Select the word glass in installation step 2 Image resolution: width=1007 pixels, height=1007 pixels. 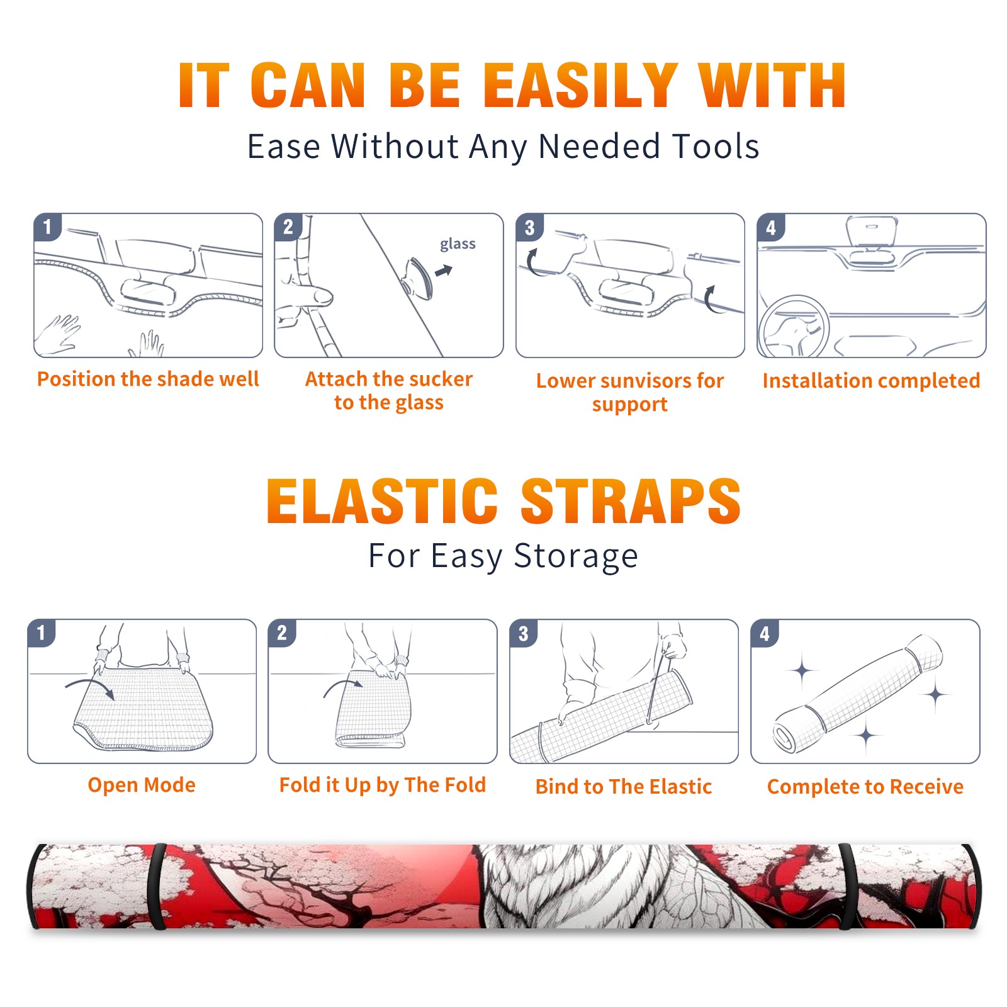coord(458,244)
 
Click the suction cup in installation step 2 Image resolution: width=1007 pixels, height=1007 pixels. coord(417,278)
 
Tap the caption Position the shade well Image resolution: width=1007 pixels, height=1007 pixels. coord(148,379)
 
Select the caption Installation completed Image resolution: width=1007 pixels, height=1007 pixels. coord(871,381)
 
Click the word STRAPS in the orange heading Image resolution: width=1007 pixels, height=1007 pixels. coord(631,501)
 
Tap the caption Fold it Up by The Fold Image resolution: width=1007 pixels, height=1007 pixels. coord(383,785)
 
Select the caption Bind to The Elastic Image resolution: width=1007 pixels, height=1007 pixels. coord(624,787)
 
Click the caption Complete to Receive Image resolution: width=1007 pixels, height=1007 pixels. coord(865,787)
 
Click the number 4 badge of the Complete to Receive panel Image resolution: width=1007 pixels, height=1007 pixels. coord(765,633)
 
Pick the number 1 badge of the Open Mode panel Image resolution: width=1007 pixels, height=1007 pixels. coord(42,633)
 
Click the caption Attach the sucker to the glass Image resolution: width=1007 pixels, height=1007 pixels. coord(389,390)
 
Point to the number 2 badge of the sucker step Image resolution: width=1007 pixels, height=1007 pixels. coord(288,227)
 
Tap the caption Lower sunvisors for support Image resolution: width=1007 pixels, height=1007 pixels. coord(630,392)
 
